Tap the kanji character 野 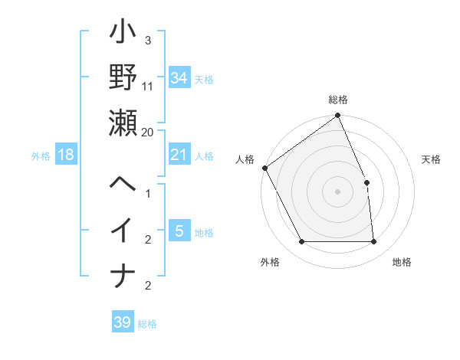click(x=123, y=79)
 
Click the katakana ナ click(x=123, y=274)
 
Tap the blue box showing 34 click(x=179, y=77)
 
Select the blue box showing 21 click(x=179, y=155)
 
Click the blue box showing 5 click(x=179, y=231)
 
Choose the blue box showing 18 click(x=66, y=155)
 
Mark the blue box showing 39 click(x=122, y=322)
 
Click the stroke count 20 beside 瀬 click(x=148, y=133)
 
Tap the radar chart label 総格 click(x=338, y=100)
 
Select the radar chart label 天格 click(x=432, y=159)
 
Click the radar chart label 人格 click(x=245, y=159)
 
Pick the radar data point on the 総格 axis click(x=338, y=116)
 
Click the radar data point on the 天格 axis click(x=366, y=182)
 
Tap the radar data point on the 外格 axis click(x=301, y=242)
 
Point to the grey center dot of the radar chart click(x=338, y=191)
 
